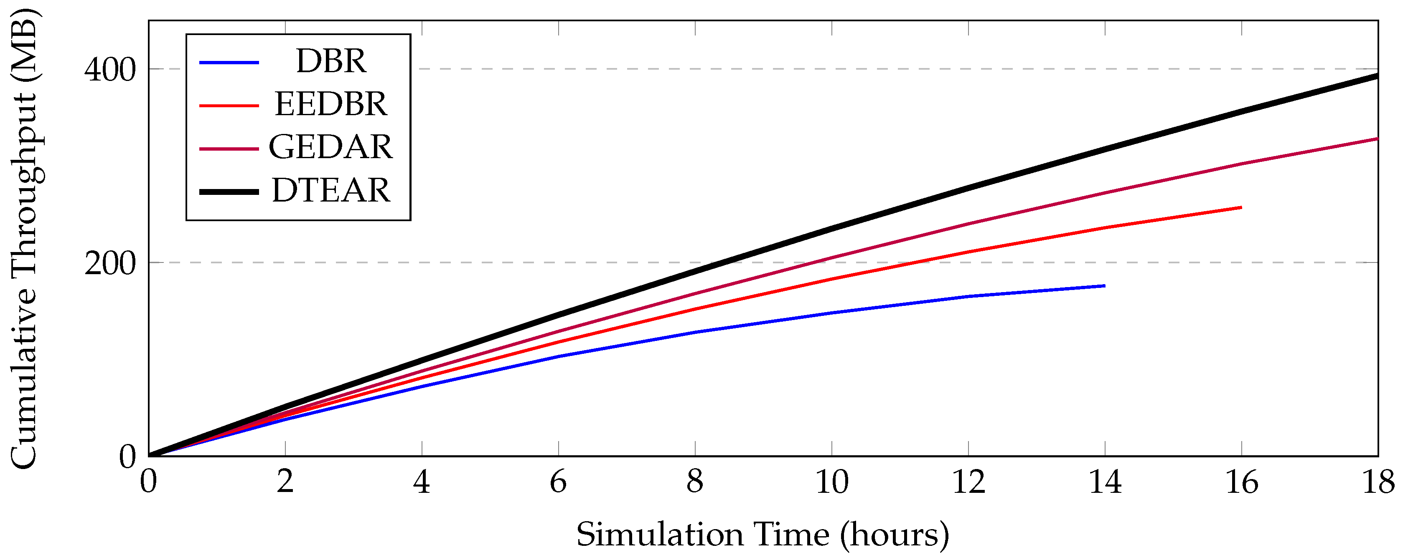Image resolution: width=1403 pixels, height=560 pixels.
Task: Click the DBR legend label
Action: [x=330, y=61]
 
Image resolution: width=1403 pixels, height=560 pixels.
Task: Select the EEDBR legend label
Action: [x=330, y=104]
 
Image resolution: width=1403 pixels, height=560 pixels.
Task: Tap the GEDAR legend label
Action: [x=330, y=147]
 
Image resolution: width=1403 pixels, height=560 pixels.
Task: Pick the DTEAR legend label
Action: [x=330, y=190]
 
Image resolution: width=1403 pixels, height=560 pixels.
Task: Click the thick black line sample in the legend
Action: [x=229, y=192]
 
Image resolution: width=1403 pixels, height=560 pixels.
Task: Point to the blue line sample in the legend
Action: [x=229, y=63]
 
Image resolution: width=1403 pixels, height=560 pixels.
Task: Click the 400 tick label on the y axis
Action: [x=109, y=70]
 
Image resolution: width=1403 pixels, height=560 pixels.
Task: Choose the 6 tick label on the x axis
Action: [x=558, y=483]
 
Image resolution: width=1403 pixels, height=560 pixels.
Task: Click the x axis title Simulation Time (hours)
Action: [x=762, y=535]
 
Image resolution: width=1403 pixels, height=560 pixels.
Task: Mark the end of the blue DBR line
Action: [x=1104, y=286]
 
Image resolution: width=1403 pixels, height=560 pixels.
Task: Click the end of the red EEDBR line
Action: [x=1241, y=207]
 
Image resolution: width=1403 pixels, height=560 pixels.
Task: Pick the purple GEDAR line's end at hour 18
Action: [x=1377, y=139]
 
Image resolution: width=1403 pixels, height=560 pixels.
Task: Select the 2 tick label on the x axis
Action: [x=285, y=483]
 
